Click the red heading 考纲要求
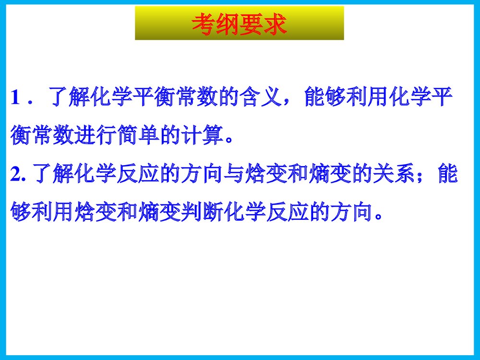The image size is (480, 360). coord(239,23)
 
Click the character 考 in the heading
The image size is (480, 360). coord(203,23)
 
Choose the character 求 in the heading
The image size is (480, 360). coord(275,23)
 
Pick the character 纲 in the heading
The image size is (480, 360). coord(227,23)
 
